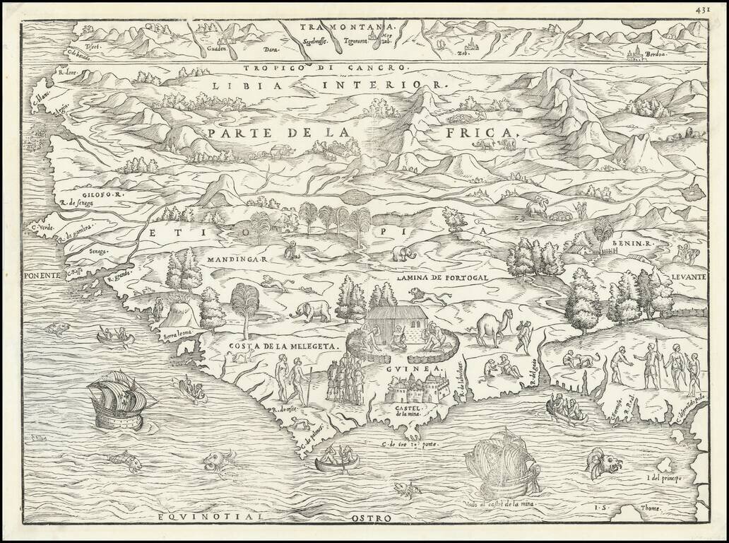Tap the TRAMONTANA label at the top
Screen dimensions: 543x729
click(348, 27)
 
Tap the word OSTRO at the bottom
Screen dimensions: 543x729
click(369, 518)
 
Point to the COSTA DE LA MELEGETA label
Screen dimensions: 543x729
click(285, 346)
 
